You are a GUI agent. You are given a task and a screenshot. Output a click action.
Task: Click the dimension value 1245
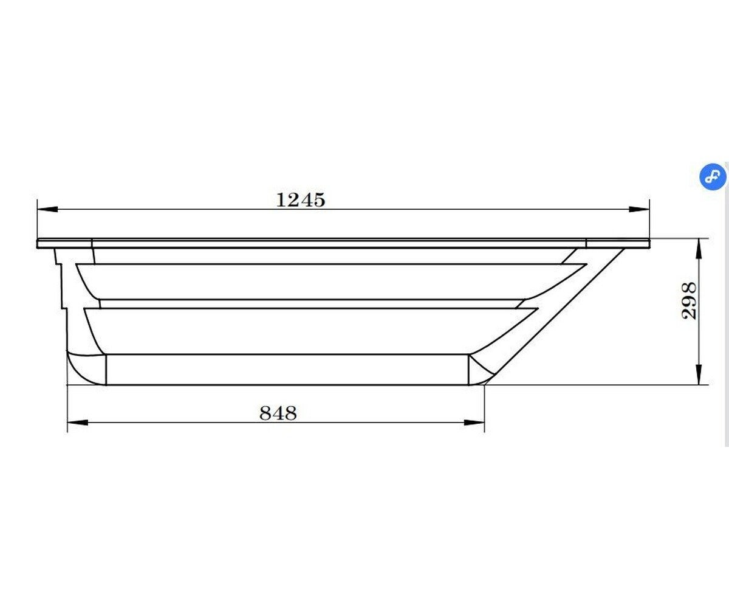pyautogui.click(x=301, y=200)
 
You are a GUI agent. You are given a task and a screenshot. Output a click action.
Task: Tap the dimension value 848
pyautogui.click(x=278, y=413)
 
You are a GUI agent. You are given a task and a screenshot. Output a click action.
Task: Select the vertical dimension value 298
pyautogui.click(x=689, y=301)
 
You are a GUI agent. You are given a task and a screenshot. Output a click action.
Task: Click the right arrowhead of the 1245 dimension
pyautogui.click(x=638, y=209)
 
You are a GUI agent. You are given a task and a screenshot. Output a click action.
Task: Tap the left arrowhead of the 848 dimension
pyautogui.click(x=78, y=423)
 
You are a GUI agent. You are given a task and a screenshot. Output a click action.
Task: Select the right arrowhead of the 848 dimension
pyautogui.click(x=474, y=423)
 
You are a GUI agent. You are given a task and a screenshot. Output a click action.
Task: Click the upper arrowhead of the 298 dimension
pyautogui.click(x=699, y=249)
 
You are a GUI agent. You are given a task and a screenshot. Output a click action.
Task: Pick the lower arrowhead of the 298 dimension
pyautogui.click(x=699, y=375)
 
